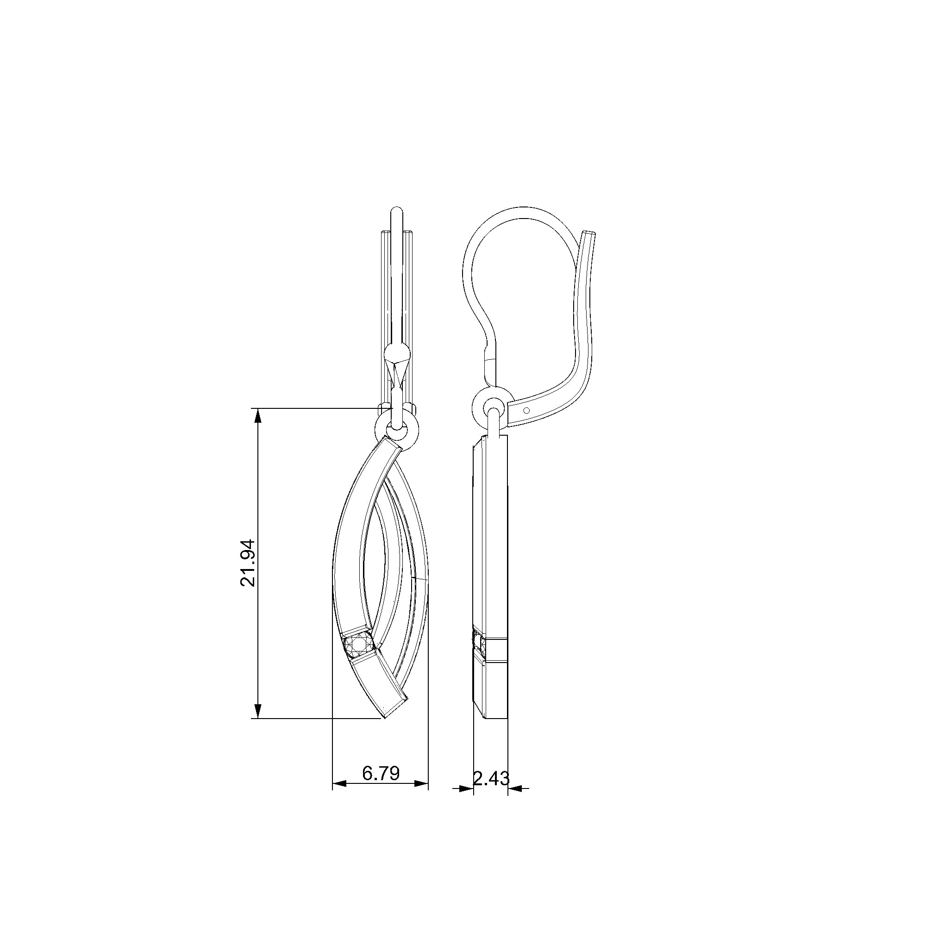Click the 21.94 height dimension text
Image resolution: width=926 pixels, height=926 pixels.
(x=249, y=563)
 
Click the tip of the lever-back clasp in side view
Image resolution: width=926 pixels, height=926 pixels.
(x=588, y=234)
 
